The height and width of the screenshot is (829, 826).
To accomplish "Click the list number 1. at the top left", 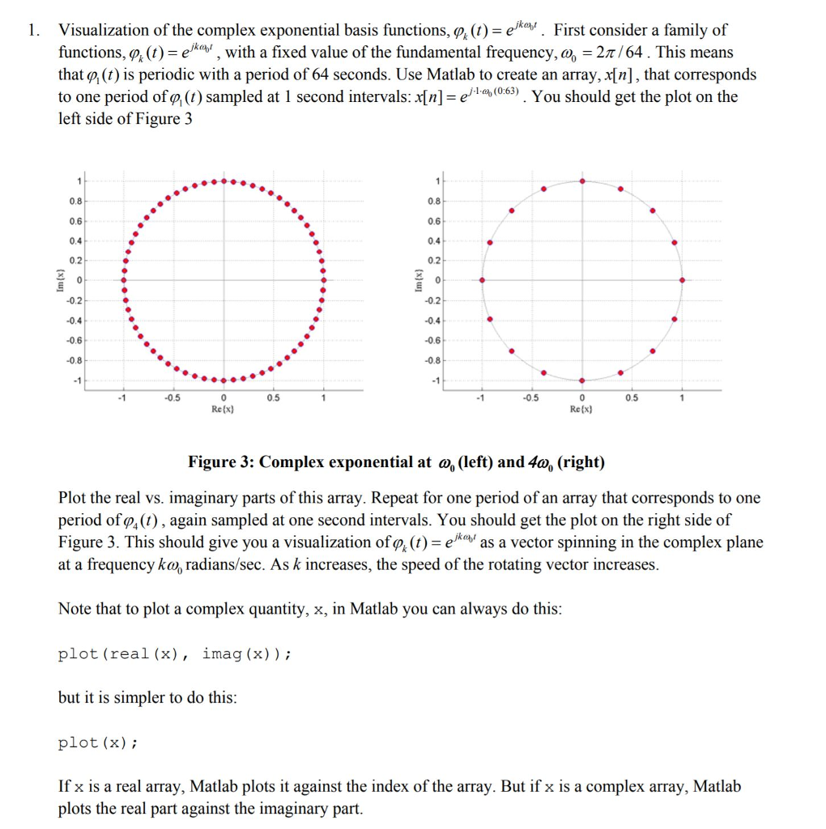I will [x=32, y=31].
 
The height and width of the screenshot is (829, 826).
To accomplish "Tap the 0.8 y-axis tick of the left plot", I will [x=74, y=199].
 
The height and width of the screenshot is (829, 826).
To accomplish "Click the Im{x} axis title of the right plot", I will [x=419, y=279].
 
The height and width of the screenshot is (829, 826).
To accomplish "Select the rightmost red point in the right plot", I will [x=682, y=280].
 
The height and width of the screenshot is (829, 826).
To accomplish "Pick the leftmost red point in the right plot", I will [x=482, y=280].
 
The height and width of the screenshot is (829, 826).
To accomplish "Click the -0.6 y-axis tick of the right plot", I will [x=434, y=340].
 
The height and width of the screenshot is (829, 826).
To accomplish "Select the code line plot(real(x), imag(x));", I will [x=175, y=654].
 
